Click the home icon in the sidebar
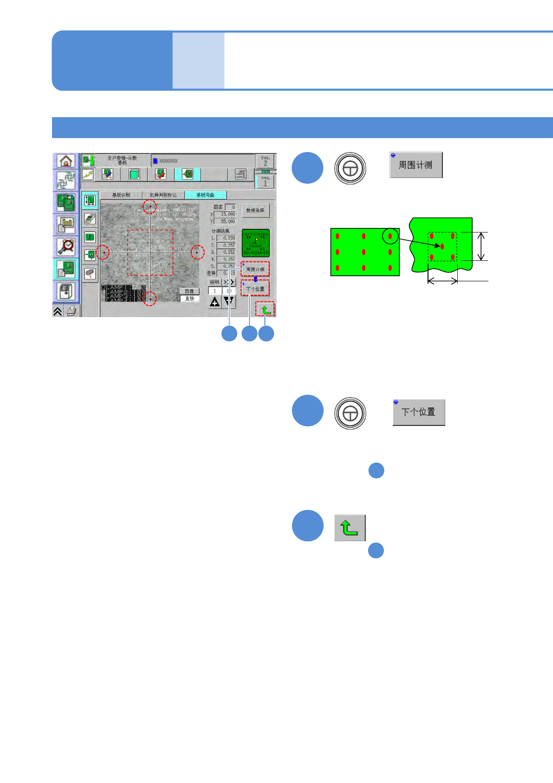(x=66, y=161)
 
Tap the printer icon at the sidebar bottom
(x=71, y=311)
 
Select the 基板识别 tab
(x=121, y=195)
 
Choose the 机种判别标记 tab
(x=163, y=195)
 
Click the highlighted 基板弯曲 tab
(x=205, y=195)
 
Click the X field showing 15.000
(x=225, y=214)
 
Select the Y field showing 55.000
(x=225, y=221)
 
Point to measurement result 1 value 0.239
(x=226, y=238)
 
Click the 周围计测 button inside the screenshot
(x=255, y=269)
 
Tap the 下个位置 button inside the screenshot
(x=255, y=289)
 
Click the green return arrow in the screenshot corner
(x=265, y=309)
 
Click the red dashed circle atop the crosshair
(x=150, y=206)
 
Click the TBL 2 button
(x=265, y=161)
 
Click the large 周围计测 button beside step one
(x=416, y=165)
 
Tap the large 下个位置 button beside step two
(x=419, y=412)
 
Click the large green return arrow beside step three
(x=350, y=528)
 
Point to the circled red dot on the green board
(x=390, y=236)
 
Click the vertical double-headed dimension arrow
(x=481, y=246)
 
